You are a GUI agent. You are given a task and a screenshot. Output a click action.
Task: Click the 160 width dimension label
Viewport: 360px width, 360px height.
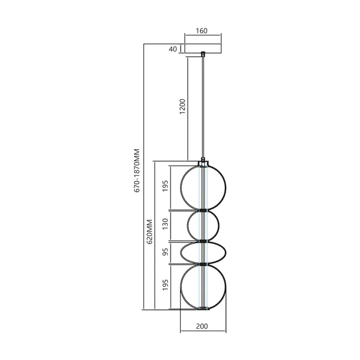pos(203,31)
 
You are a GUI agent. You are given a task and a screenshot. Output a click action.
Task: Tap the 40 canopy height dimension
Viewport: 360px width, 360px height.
pos(173,49)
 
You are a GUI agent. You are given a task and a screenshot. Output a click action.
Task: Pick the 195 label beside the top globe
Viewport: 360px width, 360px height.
pos(166,187)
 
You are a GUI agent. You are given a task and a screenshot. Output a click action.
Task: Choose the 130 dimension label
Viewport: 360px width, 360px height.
pos(166,225)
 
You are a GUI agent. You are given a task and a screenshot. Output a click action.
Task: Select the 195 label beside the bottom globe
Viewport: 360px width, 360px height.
pos(166,285)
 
